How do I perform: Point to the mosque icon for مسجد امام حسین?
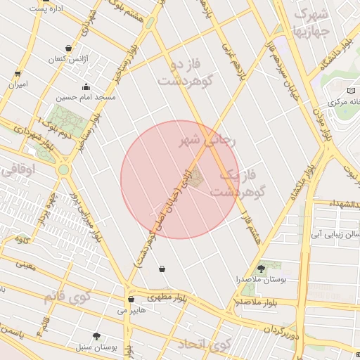point(86,88)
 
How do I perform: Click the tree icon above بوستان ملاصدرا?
point(262,268)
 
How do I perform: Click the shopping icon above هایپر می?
point(131,299)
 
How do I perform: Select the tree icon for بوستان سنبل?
point(96,336)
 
